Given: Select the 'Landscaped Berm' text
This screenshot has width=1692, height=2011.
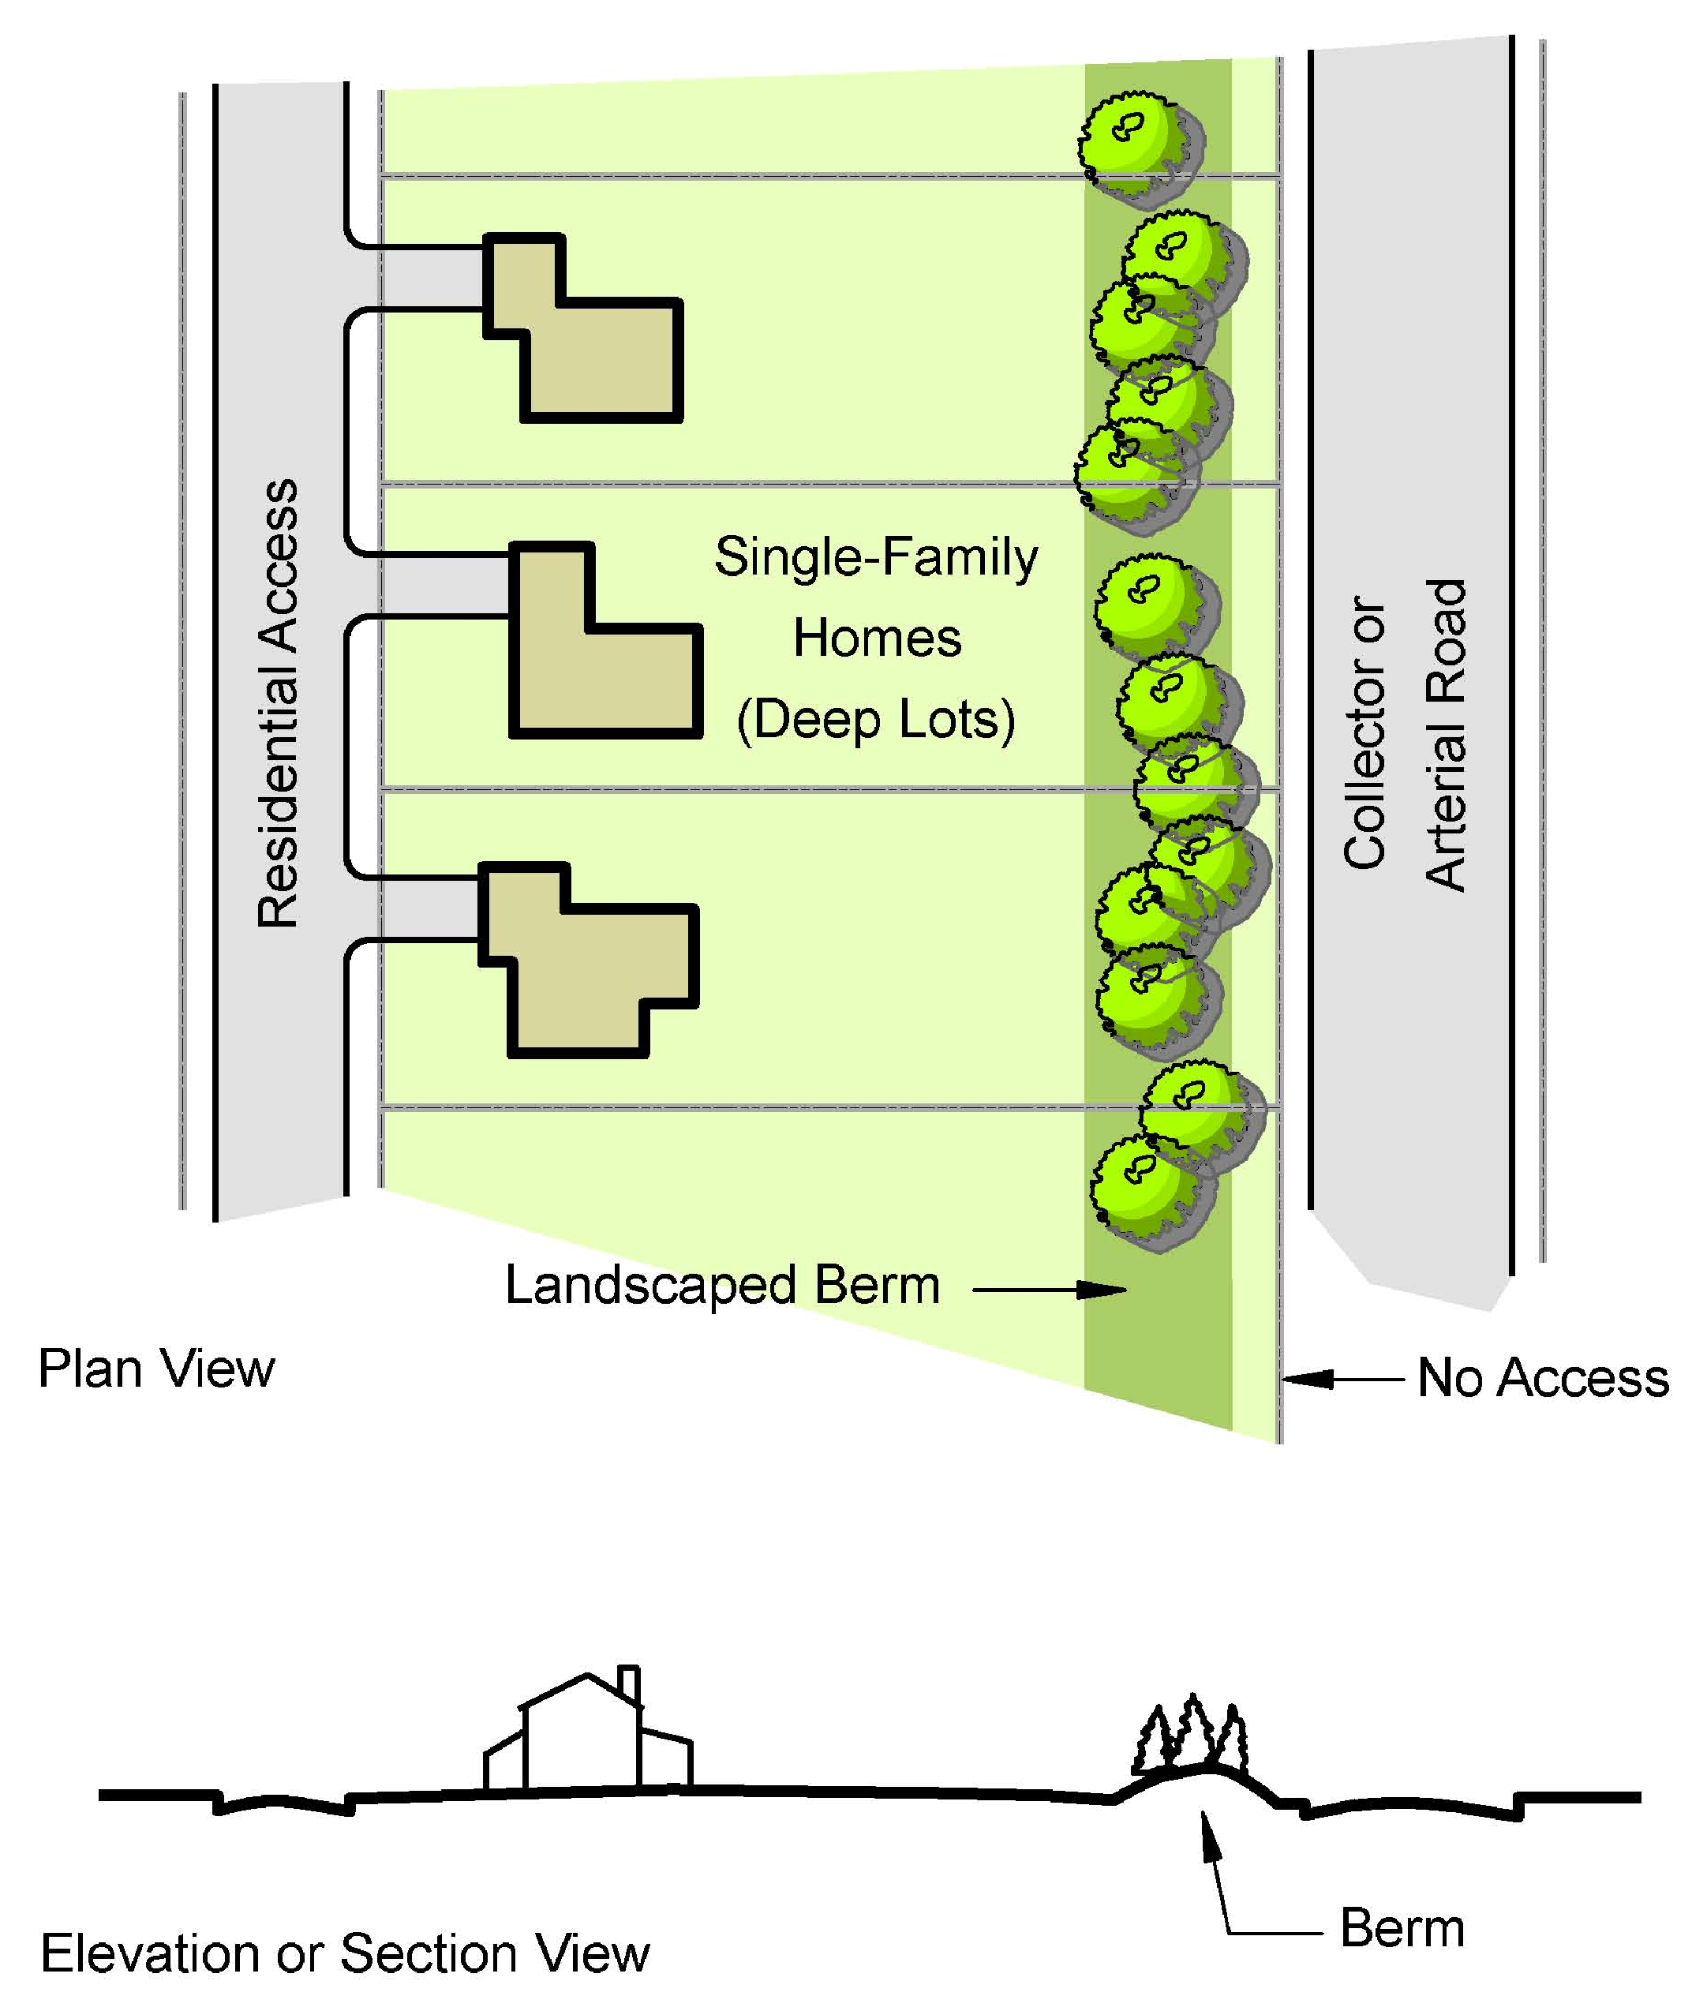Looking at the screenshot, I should point(722,1286).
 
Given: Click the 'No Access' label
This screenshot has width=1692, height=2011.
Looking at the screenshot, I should point(1542,1378).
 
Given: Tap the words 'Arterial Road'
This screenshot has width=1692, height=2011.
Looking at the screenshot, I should point(1446,735).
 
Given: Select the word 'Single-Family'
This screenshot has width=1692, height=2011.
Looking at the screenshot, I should point(876,557).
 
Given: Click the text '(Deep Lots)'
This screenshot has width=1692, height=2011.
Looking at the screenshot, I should point(876,720).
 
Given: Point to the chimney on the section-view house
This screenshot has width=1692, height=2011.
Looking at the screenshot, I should point(629,1682).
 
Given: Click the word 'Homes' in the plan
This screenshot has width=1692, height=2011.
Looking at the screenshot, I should point(877,639).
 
